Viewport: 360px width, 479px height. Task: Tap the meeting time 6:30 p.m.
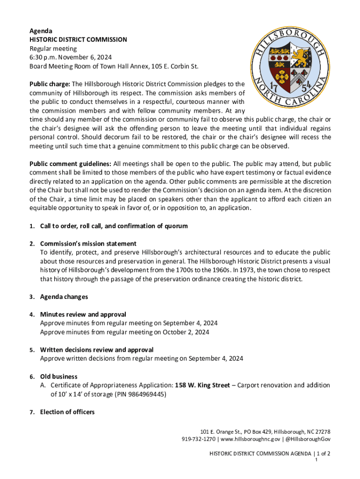click(x=43, y=58)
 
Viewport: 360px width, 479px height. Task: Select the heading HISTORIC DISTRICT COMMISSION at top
click(x=78, y=40)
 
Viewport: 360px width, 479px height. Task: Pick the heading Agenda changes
click(x=64, y=297)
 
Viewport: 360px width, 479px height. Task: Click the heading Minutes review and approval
click(x=83, y=315)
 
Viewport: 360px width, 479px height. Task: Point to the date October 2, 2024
click(x=185, y=333)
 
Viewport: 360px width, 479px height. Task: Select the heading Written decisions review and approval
click(x=96, y=350)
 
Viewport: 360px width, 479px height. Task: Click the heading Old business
click(x=58, y=377)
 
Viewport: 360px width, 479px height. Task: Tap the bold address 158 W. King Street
click(x=202, y=385)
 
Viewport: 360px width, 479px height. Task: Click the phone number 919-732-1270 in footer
click(x=199, y=439)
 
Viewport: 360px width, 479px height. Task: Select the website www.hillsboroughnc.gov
click(x=250, y=439)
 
